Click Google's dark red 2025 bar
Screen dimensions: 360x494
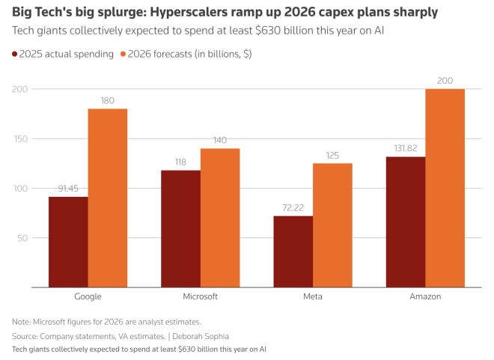click(x=68, y=242)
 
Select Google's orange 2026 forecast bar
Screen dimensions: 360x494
click(x=108, y=198)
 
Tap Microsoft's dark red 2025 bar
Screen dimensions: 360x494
click(x=181, y=228)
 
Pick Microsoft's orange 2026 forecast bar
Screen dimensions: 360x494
click(x=220, y=218)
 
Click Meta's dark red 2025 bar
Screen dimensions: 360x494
click(x=293, y=251)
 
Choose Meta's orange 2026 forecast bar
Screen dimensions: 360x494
click(x=332, y=225)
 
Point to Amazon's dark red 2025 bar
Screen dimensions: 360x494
click(x=406, y=222)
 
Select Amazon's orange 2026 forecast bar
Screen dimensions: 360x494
click(x=445, y=188)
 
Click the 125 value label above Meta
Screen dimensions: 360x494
click(x=332, y=156)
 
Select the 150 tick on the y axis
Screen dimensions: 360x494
click(x=20, y=139)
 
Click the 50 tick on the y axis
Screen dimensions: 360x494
click(x=23, y=238)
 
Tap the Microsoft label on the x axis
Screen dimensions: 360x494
click(x=200, y=296)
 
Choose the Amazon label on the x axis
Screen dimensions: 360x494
click(x=425, y=296)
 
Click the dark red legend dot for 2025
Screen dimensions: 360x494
click(x=15, y=54)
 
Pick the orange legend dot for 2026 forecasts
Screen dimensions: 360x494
click(x=124, y=54)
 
